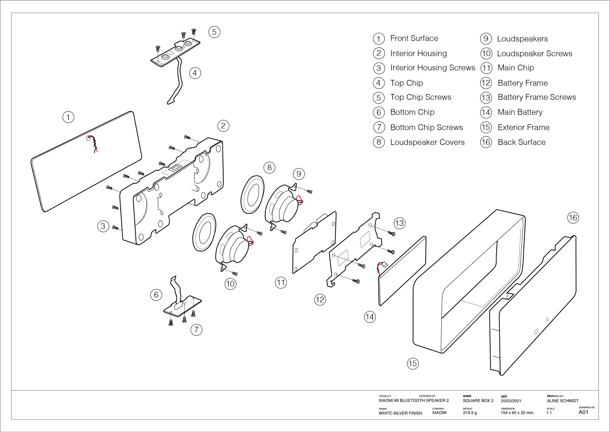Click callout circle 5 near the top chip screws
point(214,32)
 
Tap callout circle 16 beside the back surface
point(573,218)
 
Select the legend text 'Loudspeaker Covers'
point(427,142)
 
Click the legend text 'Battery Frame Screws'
point(537,97)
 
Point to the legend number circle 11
point(486,68)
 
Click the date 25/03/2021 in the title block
point(511,401)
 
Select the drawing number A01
point(583,412)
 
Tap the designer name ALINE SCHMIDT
point(562,401)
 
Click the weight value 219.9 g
point(470,413)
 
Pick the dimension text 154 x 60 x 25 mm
point(517,413)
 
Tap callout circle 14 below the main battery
point(370,317)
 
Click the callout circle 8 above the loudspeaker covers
point(269,168)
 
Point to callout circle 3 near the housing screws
point(103,226)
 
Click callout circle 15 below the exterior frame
point(413,364)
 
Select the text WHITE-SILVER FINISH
point(400,413)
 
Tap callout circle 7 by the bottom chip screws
point(196,330)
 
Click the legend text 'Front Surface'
point(414,38)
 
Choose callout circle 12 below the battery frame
point(320,300)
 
